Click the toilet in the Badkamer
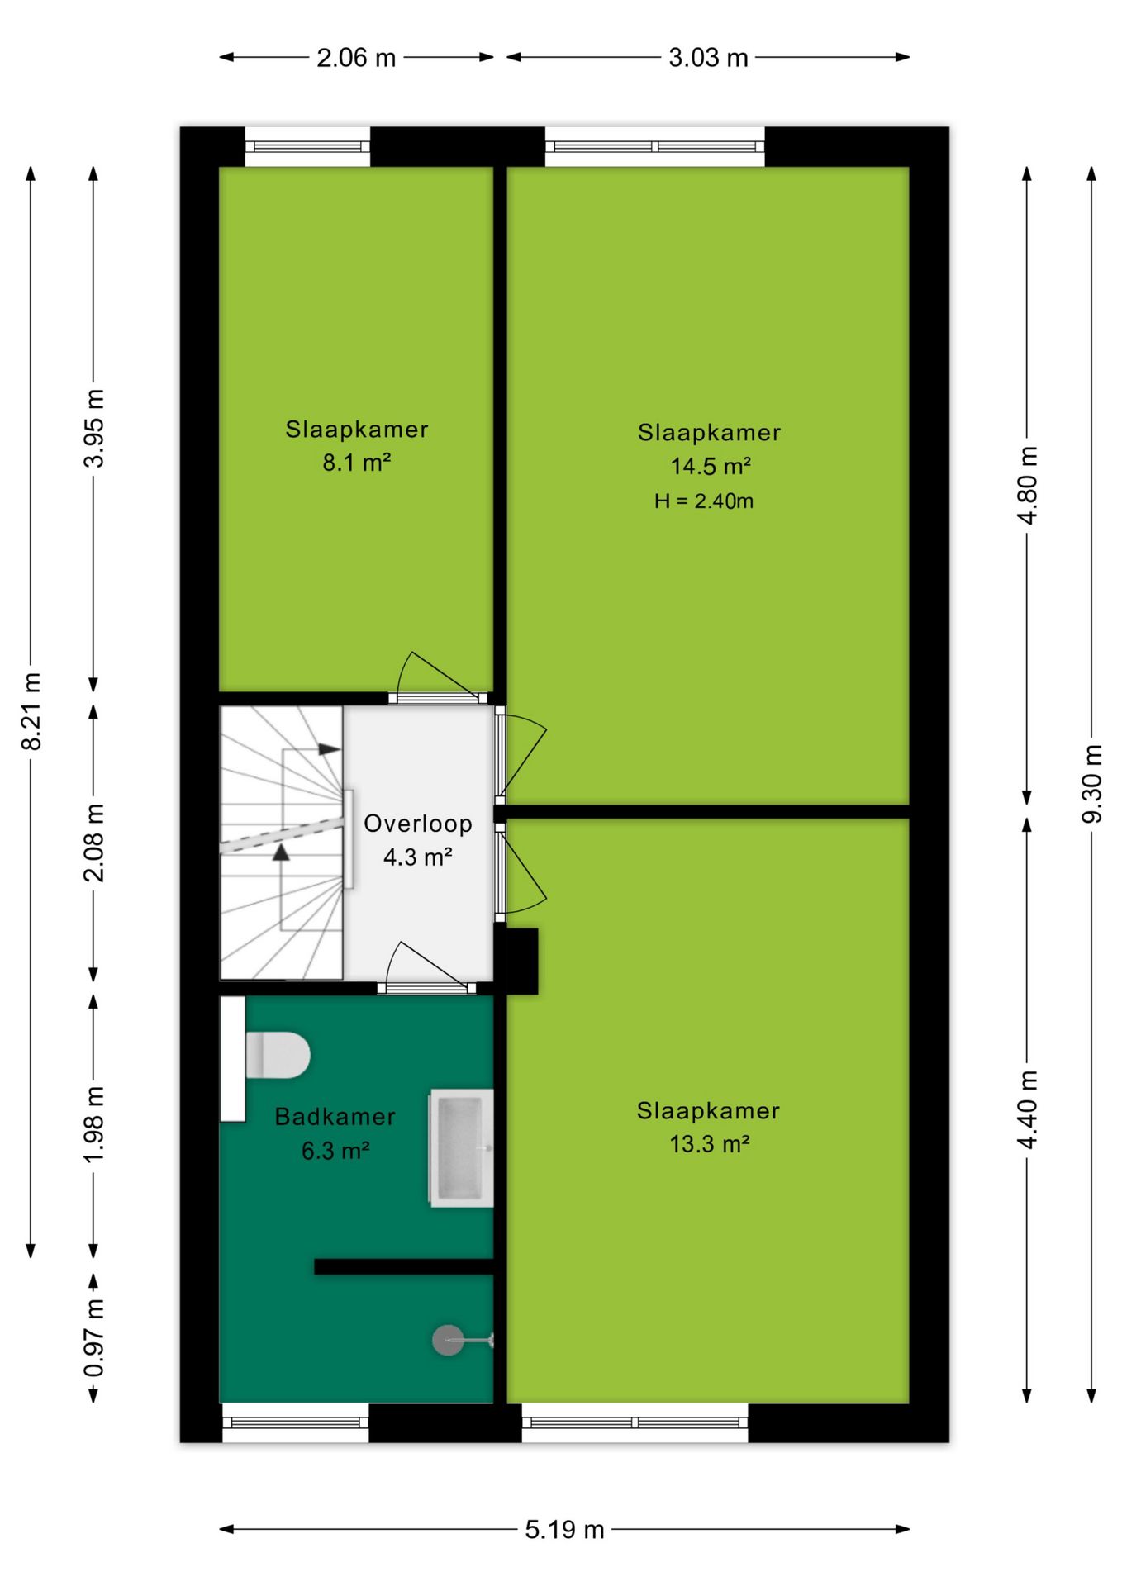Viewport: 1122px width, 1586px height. coord(278,1055)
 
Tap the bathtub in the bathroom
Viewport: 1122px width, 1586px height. coord(461,1148)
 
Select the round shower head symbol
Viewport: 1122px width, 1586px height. coord(448,1340)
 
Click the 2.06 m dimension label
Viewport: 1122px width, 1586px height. coord(356,58)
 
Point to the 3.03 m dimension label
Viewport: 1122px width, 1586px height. coord(708,58)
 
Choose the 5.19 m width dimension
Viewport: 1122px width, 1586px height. coord(564,1530)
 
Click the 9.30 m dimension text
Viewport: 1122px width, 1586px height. coord(1092,783)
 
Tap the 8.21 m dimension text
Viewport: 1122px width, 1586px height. coord(31,711)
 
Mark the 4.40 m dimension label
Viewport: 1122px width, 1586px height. coord(1027,1109)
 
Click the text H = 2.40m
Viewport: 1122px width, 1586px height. coord(704,501)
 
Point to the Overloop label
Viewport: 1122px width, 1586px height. coord(418,824)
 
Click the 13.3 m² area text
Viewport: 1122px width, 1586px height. coord(710,1144)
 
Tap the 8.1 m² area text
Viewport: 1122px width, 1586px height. coord(356,463)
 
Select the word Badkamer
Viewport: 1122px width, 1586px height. coord(335,1117)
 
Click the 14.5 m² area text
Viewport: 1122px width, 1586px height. coord(711,466)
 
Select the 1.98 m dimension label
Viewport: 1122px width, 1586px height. coord(94,1124)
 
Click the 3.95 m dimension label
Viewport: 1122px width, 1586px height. coord(94,428)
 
